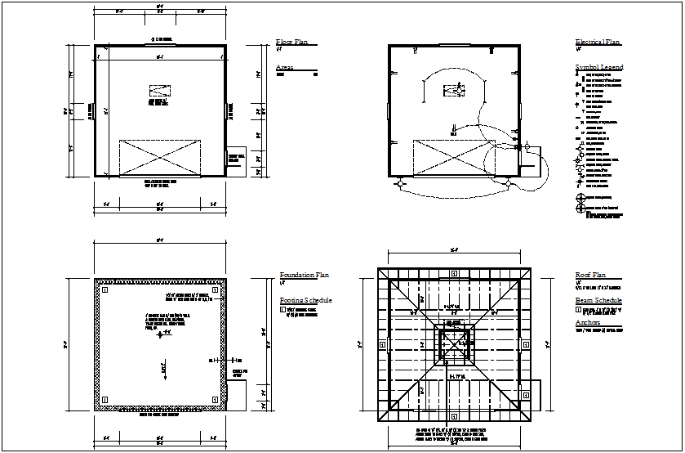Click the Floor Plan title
[292, 42]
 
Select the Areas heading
[284, 67]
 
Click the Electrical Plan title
[597, 42]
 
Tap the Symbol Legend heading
[599, 67]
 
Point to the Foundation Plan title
[305, 276]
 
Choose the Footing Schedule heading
[305, 301]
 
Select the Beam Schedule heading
[598, 301]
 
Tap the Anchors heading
[588, 323]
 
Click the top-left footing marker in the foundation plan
[105, 289]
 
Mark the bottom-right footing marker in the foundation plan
[215, 399]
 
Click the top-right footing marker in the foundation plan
[215, 289]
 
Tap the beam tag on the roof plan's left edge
[381, 344]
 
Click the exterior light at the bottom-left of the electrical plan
[400, 185]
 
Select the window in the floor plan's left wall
[95, 110]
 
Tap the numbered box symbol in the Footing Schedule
[282, 311]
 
